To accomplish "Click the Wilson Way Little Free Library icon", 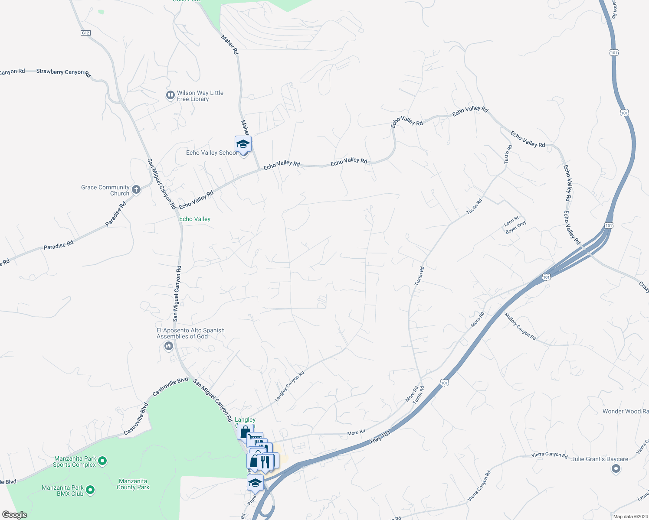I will pyautogui.click(x=170, y=95).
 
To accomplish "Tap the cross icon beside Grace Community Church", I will pyautogui.click(x=136, y=189).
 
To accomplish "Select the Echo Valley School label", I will pyautogui.click(x=211, y=153).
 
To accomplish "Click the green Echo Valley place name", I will pyautogui.click(x=195, y=219).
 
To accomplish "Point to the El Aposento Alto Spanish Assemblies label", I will pyautogui.click(x=190, y=333).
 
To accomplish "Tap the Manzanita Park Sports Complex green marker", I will pyautogui.click(x=102, y=461).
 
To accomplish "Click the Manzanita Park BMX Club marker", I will pyautogui.click(x=90, y=490).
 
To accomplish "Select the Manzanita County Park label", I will pyautogui.click(x=133, y=484).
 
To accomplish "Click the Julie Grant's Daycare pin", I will pyautogui.click(x=616, y=468).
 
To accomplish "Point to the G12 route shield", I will pyautogui.click(x=85, y=33).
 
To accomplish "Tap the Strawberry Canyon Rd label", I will pyautogui.click(x=63, y=72).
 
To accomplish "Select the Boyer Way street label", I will pyautogui.click(x=516, y=227).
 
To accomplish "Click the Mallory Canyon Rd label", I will pyautogui.click(x=520, y=326).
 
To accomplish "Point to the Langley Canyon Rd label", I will pyautogui.click(x=290, y=386).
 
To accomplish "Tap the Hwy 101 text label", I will pyautogui.click(x=380, y=437).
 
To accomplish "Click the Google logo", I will pyautogui.click(x=15, y=514).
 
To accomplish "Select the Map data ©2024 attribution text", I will pyautogui.click(x=629, y=517).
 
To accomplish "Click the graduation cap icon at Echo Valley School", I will pyautogui.click(x=243, y=143).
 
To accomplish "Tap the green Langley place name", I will pyautogui.click(x=245, y=419).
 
